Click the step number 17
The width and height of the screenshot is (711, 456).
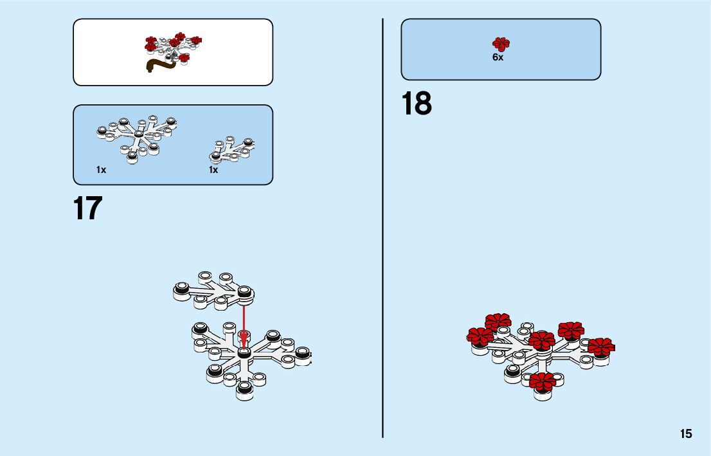(88, 208)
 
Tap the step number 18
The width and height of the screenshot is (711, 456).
(417, 104)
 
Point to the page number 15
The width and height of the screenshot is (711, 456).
(686, 433)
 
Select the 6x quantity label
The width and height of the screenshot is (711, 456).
(498, 57)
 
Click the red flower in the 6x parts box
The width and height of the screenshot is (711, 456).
(501, 44)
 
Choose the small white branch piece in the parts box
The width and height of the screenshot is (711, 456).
(232, 150)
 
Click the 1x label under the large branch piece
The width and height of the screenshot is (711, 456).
(101, 170)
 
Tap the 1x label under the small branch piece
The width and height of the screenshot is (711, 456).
(213, 170)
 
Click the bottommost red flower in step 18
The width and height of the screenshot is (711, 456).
(543, 381)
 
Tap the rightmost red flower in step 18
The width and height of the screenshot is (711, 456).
(600, 347)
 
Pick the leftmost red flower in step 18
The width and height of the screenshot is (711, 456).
(480, 336)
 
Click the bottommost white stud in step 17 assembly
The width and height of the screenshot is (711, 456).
(244, 390)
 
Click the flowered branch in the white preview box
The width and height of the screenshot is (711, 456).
(172, 45)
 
